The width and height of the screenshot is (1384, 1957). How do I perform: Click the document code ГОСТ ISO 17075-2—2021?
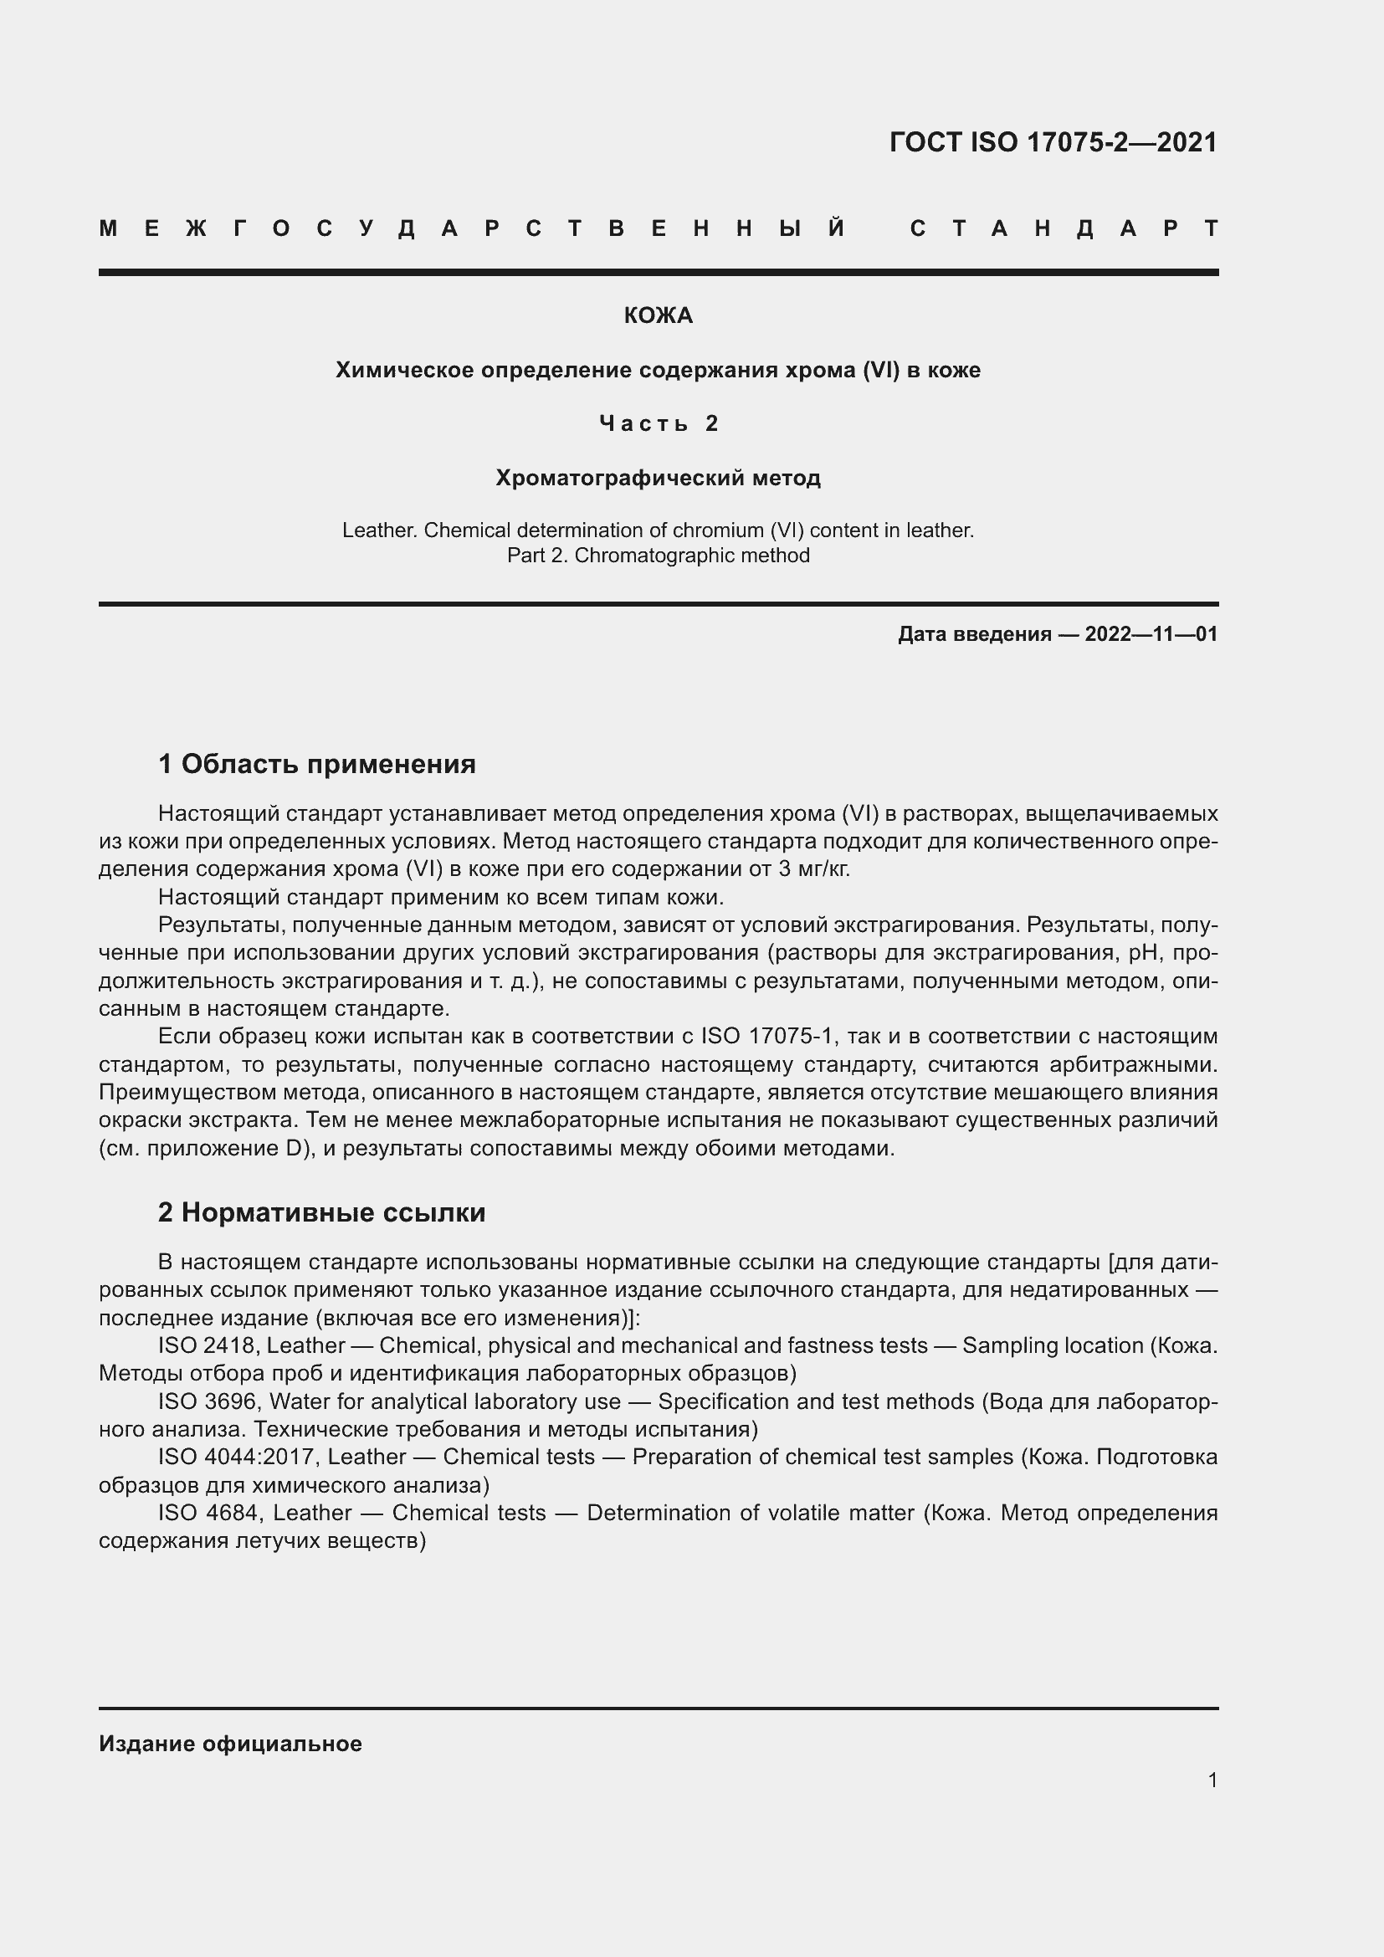pyautogui.click(x=1053, y=142)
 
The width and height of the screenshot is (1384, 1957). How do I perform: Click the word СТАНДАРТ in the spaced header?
pyautogui.click(x=1064, y=228)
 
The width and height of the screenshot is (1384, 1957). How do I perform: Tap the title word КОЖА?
pyautogui.click(x=658, y=316)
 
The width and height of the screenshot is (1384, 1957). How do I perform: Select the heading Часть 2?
pyautogui.click(x=658, y=423)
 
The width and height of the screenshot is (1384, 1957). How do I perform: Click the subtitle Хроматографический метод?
pyautogui.click(x=658, y=479)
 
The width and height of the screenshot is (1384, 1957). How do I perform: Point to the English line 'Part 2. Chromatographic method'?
pyautogui.click(x=658, y=556)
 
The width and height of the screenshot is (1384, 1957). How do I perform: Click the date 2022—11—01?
pyautogui.click(x=1151, y=634)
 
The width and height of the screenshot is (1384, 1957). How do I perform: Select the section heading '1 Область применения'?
pyautogui.click(x=316, y=764)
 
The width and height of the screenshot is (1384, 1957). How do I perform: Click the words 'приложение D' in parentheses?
pyautogui.click(x=225, y=1148)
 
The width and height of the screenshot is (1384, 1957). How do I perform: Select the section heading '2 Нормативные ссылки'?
pyautogui.click(x=321, y=1212)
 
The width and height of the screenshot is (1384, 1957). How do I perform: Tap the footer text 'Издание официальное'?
pyautogui.click(x=230, y=1744)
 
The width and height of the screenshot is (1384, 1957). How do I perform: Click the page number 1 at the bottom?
pyautogui.click(x=1212, y=1780)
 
